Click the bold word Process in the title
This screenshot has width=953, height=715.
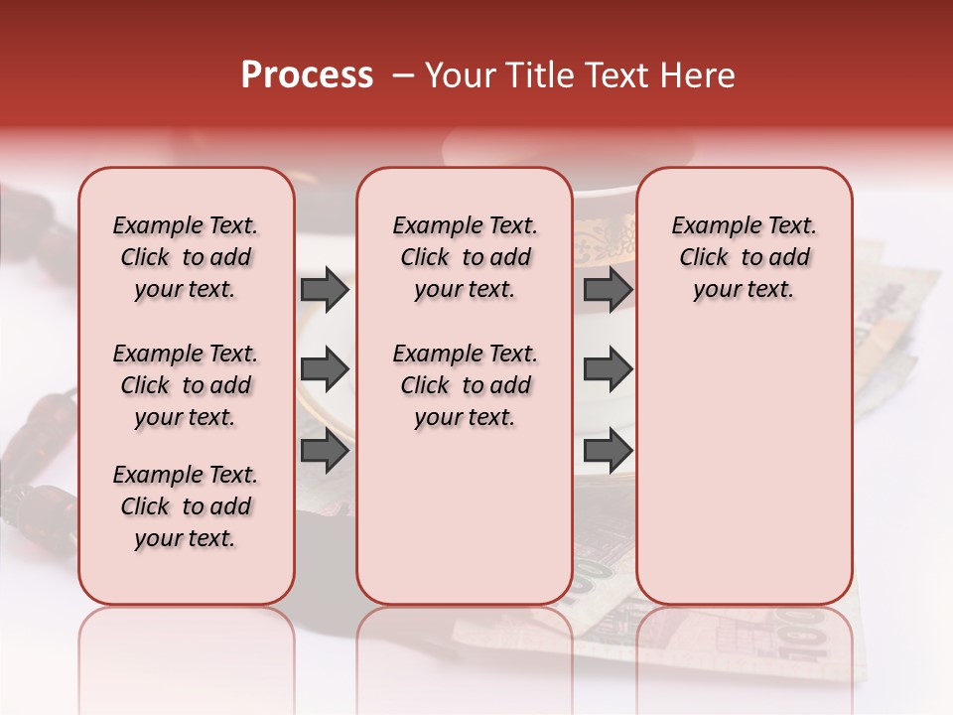(x=307, y=75)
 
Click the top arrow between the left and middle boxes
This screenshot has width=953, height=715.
(x=324, y=290)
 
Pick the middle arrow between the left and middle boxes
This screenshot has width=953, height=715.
(x=324, y=369)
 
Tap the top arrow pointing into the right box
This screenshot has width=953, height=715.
(x=608, y=290)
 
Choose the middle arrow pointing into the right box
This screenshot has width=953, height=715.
(x=608, y=369)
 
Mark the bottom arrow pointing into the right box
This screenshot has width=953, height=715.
(x=608, y=451)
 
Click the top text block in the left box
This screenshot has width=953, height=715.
(x=186, y=258)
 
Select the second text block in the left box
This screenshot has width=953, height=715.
(x=186, y=385)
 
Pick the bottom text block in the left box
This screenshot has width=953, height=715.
(x=186, y=506)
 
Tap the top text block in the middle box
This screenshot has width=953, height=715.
(x=465, y=258)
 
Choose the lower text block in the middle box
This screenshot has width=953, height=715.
(x=465, y=385)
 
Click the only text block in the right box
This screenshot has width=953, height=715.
(x=744, y=258)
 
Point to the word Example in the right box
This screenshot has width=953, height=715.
(x=711, y=226)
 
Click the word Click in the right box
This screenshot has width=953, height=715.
(x=704, y=258)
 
